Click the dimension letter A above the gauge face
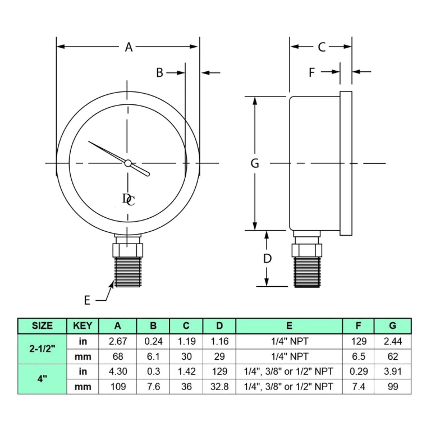tap(129, 47)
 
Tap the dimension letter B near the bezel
tap(160, 72)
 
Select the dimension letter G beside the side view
tap(255, 163)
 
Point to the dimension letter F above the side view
tap(312, 72)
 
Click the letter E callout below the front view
tap(87, 300)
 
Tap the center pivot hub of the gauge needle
tap(128, 163)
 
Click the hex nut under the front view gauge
tap(128, 250)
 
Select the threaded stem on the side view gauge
tap(307, 272)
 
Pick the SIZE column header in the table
tap(42, 326)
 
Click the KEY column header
tap(83, 326)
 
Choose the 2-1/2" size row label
tap(42, 349)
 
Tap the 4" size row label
tap(42, 379)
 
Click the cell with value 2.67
tap(118, 341)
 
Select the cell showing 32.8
tap(220, 387)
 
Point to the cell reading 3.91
tap(393, 371)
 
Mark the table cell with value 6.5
tap(359, 356)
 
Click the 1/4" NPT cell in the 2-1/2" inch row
tap(289, 341)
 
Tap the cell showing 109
tap(118, 387)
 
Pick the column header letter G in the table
tap(393, 326)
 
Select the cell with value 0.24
tap(153, 341)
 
